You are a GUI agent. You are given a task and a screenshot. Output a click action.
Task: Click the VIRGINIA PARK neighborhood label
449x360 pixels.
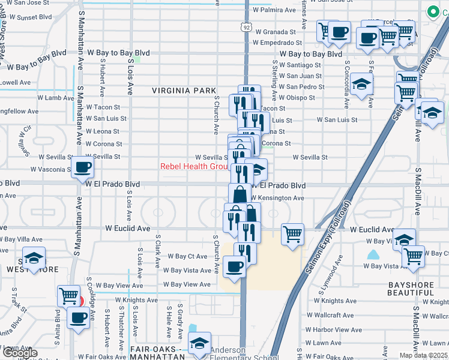(x=184, y=91)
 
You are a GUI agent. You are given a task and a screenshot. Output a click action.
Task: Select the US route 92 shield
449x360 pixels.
(x=246, y=27)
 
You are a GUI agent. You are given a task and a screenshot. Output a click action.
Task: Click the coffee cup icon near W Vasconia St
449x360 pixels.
(x=82, y=167)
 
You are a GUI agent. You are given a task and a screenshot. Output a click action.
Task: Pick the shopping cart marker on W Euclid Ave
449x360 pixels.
(x=292, y=234)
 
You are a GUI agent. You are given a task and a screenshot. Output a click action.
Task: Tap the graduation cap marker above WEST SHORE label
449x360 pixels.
(x=35, y=258)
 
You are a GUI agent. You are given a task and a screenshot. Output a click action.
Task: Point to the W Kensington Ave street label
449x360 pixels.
(x=277, y=197)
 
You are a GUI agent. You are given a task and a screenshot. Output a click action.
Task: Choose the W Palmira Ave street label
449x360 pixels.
(x=274, y=10)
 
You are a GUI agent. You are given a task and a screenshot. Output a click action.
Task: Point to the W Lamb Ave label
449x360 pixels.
(x=56, y=97)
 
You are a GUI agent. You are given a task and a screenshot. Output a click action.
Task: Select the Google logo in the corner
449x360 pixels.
(x=20, y=353)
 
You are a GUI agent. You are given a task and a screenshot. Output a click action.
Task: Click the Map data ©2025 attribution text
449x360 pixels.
(x=423, y=355)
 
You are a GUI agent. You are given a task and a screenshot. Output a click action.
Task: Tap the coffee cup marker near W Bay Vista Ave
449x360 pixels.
(x=234, y=266)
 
